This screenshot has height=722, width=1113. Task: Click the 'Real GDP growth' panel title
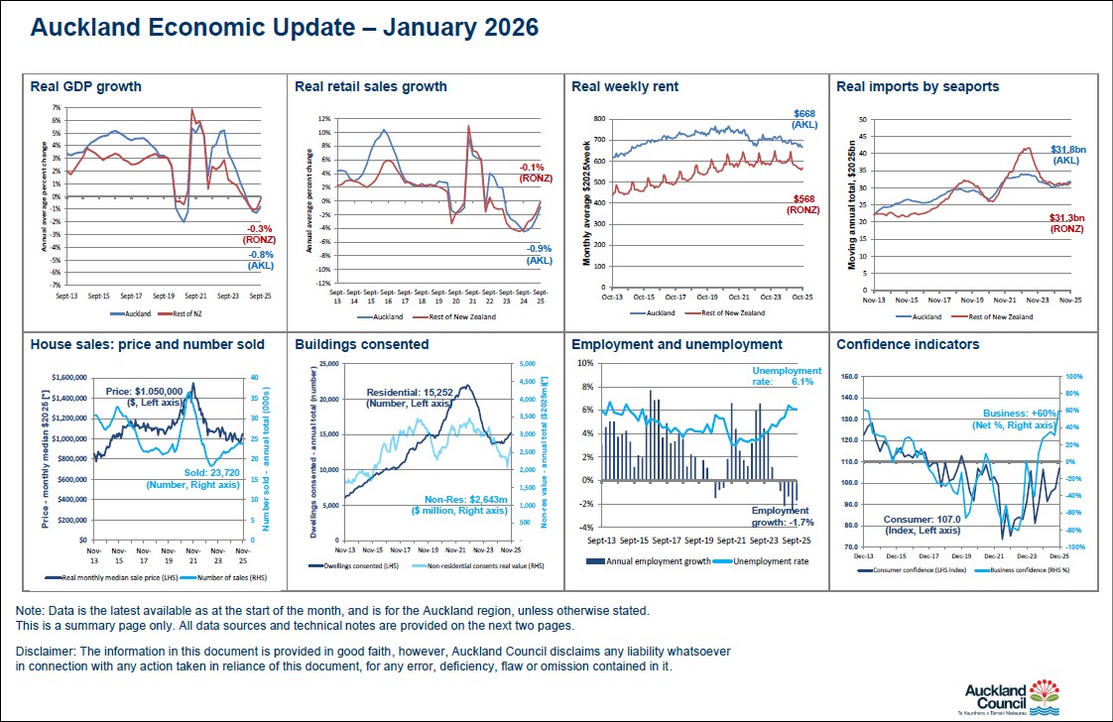pos(86,86)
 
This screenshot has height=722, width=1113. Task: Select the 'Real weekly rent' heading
pos(625,86)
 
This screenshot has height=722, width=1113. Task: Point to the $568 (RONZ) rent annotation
pos(804,204)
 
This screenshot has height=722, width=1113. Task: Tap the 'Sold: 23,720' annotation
pos(193,478)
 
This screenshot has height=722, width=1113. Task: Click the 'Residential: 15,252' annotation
pos(408,397)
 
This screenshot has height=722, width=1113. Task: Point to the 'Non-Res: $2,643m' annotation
pos(447,504)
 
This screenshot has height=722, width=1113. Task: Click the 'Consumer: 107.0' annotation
pos(922,524)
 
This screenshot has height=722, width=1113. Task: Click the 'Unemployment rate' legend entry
pos(770,561)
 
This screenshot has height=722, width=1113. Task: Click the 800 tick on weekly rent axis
pos(598,119)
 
